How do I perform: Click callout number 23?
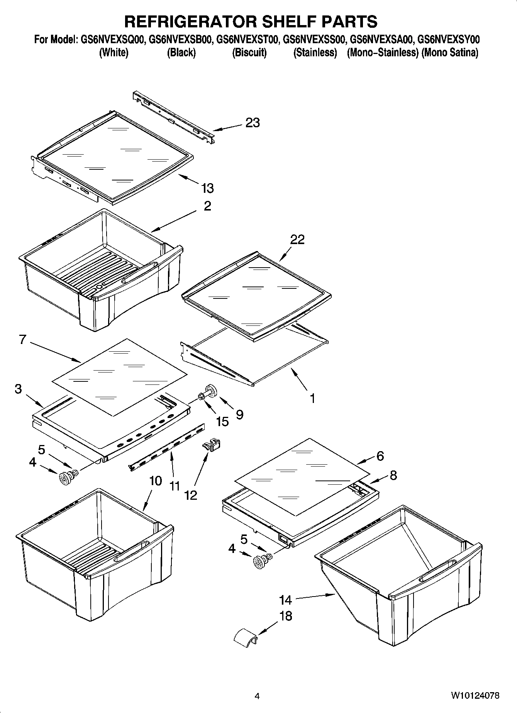pos(253,123)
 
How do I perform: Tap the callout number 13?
pos(207,188)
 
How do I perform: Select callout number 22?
pos(297,239)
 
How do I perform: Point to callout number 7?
pos(22,339)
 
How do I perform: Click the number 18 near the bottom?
pos(285,616)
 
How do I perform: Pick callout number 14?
pos(285,600)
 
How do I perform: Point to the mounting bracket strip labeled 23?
pos(173,118)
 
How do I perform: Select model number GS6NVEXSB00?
pos(180,39)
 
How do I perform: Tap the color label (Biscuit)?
pos(249,52)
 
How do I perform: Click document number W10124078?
pos(475,696)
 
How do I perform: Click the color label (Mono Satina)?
pos(450,52)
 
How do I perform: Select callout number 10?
pos(155,481)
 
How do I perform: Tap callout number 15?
pos(222,421)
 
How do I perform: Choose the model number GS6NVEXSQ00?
pos(113,39)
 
